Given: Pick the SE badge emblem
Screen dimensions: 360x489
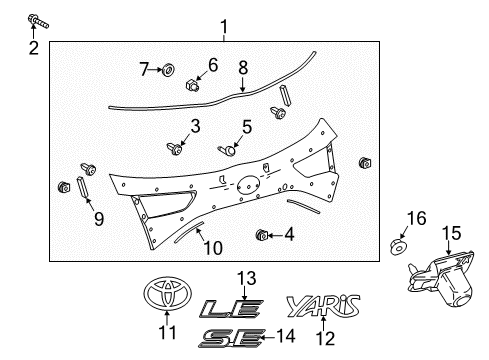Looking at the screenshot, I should point(225,338).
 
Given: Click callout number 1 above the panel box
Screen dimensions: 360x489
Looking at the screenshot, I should point(224,27).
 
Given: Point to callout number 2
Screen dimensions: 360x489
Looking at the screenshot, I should point(33,47).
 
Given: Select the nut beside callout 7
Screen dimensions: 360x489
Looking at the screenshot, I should point(169,70).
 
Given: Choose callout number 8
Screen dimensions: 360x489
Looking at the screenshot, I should point(242,68).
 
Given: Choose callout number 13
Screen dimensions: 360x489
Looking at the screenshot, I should point(247,277).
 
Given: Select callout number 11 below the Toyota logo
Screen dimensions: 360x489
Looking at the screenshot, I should point(167,332).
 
